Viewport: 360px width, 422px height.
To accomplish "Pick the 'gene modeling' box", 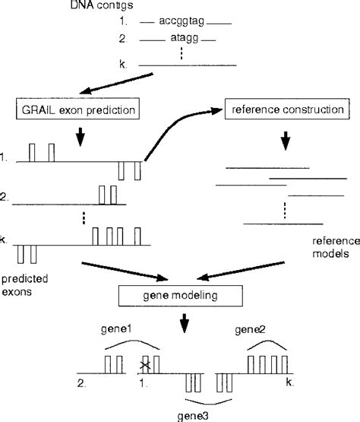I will tap(179, 294).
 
